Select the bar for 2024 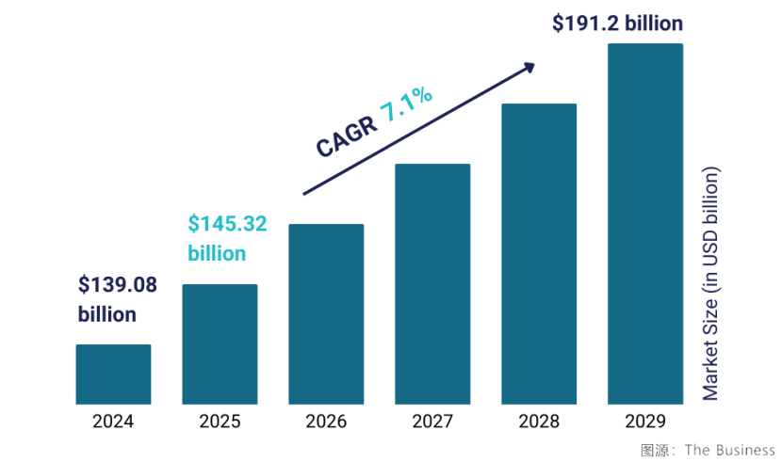(x=113, y=374)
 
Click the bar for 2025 (x=220, y=344)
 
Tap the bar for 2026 (x=326, y=314)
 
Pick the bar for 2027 (x=432, y=284)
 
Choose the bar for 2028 (x=539, y=254)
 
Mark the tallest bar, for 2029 (x=645, y=224)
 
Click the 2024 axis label (x=113, y=421)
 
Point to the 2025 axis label (x=220, y=421)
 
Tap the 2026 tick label (x=326, y=421)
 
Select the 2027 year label (x=432, y=421)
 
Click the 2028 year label (x=539, y=421)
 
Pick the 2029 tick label (x=645, y=421)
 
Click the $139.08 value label (x=118, y=284)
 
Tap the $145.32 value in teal (x=227, y=224)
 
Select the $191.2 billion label (x=617, y=23)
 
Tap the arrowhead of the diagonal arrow (x=529, y=67)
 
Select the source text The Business (x=730, y=450)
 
